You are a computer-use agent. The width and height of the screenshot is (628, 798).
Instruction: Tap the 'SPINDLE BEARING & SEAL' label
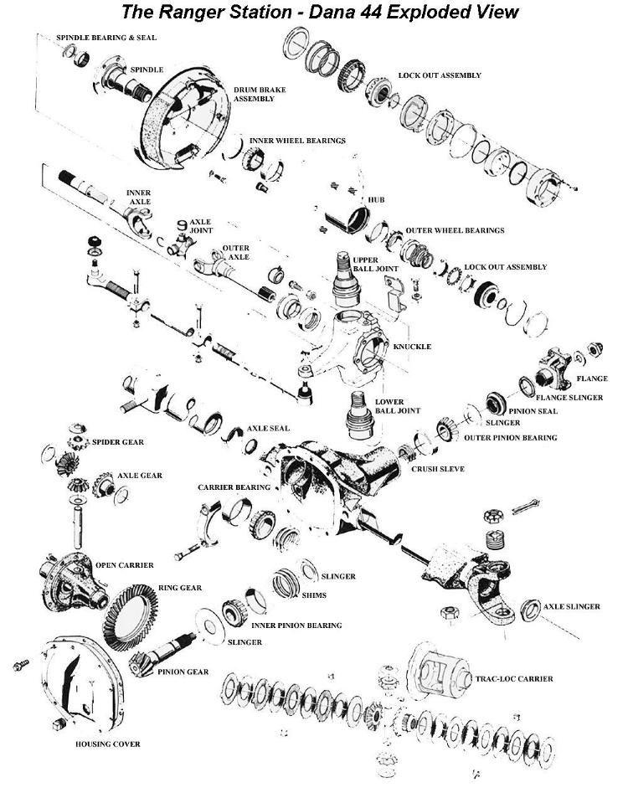tap(106, 39)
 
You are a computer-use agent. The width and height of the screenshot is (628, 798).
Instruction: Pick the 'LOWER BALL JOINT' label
tap(392, 407)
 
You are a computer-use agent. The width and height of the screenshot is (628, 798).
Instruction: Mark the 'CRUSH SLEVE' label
tap(437, 469)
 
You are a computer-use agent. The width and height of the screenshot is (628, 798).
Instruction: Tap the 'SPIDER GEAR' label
tap(118, 440)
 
